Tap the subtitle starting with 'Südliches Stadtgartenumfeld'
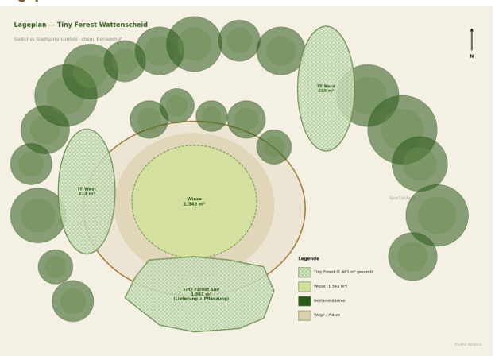(68, 39)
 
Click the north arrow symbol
(471, 40)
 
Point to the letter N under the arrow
(471, 56)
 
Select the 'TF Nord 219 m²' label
(326, 88)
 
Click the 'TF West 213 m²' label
(87, 192)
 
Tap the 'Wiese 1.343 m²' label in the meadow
(195, 202)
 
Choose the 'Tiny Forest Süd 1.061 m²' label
(201, 294)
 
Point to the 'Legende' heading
(308, 258)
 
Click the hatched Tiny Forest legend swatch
(304, 273)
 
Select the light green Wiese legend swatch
(304, 287)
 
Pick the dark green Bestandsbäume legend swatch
(304, 301)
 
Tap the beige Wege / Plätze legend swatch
(304, 315)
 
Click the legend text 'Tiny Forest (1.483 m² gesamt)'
(342, 273)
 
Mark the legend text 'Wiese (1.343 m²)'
(331, 287)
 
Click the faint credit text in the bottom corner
(468, 345)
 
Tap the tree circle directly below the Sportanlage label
(437, 215)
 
